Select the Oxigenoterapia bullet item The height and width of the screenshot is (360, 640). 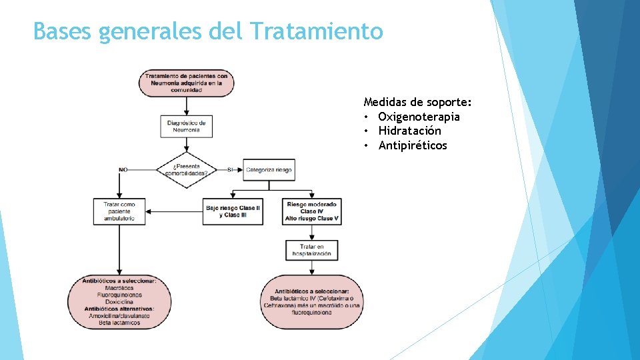pos(419,117)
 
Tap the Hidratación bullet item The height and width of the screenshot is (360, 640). pos(409,131)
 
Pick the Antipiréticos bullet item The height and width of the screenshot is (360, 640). pos(413,145)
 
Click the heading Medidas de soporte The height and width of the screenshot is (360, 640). pos(417,103)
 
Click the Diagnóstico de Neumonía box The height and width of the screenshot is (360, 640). pos(187,126)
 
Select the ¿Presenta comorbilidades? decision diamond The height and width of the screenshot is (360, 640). pos(187,170)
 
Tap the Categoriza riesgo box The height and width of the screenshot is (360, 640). pos(268,170)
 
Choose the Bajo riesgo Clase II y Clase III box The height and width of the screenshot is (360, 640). pos(233,211)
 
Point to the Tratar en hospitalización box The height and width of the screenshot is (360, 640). pos(312,250)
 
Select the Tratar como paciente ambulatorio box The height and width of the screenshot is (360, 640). pos(119,211)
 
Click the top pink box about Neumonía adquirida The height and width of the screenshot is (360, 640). pos(186,83)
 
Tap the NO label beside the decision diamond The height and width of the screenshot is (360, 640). pos(123,170)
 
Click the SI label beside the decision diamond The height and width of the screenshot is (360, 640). pos(231,170)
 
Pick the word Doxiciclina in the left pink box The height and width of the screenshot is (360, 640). pos(120,302)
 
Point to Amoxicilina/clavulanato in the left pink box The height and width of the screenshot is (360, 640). pos(120,316)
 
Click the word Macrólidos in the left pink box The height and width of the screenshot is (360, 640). pos(120,288)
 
